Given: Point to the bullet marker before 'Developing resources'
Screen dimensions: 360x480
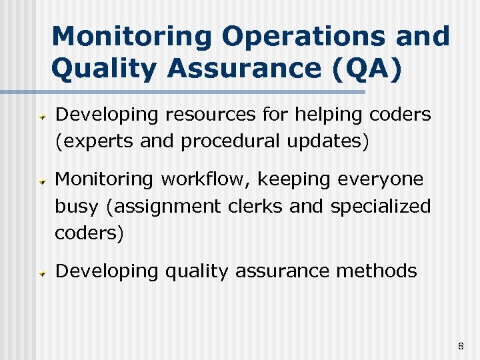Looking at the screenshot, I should (x=41, y=116).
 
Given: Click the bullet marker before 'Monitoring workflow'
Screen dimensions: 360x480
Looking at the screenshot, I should (x=41, y=180).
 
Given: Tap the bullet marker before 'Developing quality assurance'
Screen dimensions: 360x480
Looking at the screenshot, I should (x=41, y=273).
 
